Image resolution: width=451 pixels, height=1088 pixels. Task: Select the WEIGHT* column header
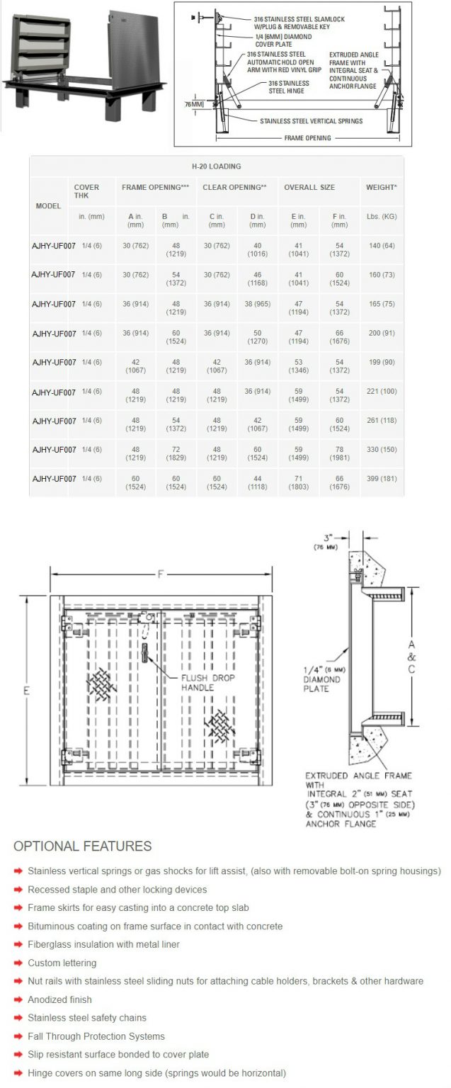(x=381, y=188)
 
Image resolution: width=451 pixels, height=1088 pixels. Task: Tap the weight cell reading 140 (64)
(x=381, y=245)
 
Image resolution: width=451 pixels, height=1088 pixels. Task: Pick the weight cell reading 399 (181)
(x=381, y=479)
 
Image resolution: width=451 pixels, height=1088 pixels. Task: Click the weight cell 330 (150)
(x=381, y=450)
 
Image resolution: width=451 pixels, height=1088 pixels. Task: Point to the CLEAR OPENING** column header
(x=234, y=188)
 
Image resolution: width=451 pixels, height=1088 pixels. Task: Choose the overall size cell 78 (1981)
(x=339, y=454)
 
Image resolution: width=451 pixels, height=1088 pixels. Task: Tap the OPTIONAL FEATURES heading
(x=83, y=846)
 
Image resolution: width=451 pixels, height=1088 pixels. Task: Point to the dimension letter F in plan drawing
(x=161, y=574)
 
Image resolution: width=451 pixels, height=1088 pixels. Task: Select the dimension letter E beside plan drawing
(x=26, y=691)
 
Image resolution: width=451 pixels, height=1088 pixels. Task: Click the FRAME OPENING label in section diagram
(x=308, y=138)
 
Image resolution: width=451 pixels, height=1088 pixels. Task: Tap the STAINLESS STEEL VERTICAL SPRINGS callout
(x=311, y=121)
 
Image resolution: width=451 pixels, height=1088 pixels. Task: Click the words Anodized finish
(x=59, y=999)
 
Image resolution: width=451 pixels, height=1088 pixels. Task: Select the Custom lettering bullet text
(x=62, y=963)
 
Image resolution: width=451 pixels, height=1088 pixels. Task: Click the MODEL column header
(x=48, y=205)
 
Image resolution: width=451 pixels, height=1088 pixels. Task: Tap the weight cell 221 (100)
(x=381, y=392)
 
